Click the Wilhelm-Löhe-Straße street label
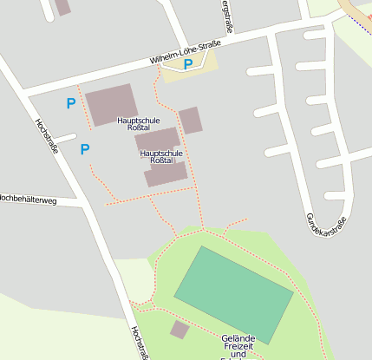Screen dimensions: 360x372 pos(184,54)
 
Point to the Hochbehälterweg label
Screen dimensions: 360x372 pos(28,200)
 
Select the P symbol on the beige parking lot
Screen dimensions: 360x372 pos(188,64)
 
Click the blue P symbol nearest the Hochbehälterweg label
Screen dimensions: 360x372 pos(85,149)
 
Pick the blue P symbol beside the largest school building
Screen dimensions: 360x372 pos(71,104)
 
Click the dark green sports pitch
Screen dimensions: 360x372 pos(233,293)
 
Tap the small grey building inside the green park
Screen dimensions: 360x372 pos(179,330)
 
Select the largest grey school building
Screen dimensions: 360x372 pos(111,104)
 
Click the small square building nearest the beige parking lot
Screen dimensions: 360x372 pos(191,120)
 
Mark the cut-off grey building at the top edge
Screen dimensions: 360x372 pos(62,7)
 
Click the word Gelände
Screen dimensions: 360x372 pos(238,338)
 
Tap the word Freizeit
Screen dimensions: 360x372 pos(238,347)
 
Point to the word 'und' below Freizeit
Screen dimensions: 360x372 pos(238,356)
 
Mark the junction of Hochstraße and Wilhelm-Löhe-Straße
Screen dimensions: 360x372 pos(19,91)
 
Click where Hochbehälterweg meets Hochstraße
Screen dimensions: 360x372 pos(84,205)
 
